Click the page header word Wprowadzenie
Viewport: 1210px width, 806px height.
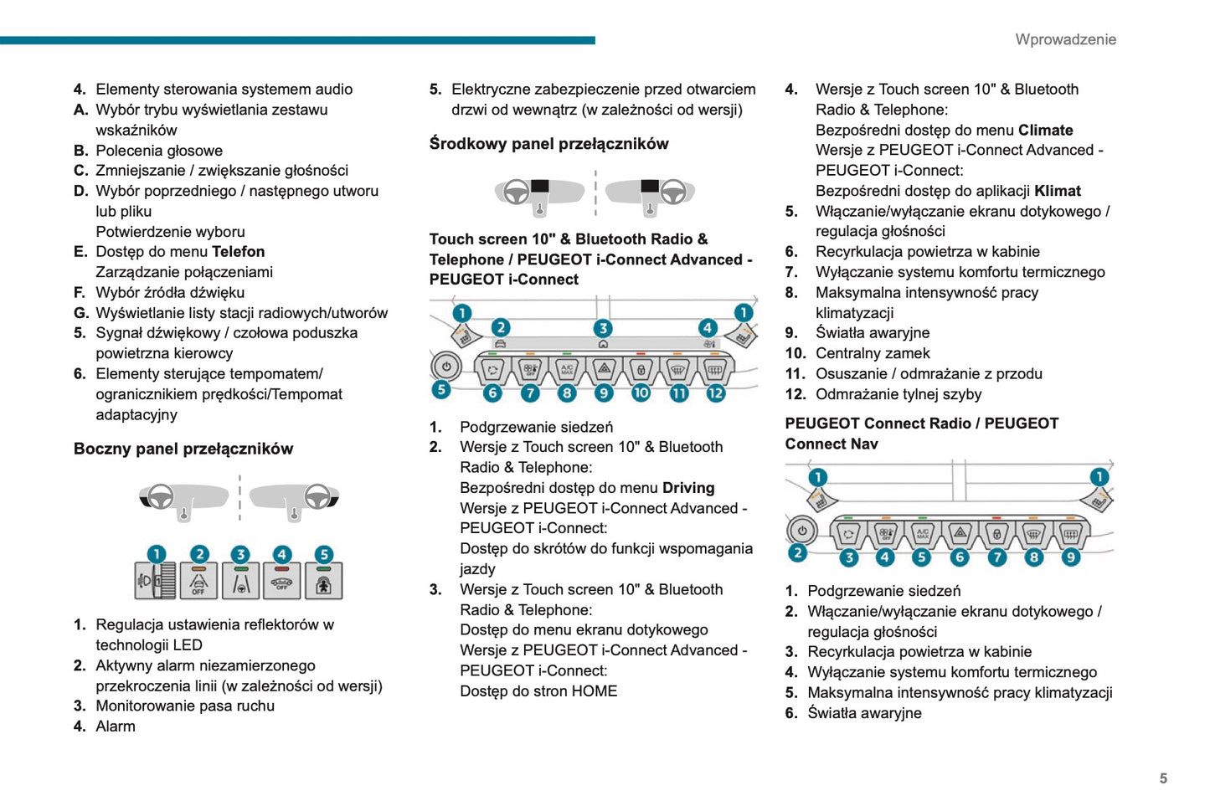pyautogui.click(x=1065, y=39)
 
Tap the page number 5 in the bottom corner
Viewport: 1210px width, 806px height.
pyautogui.click(x=1163, y=778)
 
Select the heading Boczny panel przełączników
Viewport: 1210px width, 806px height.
pyautogui.click(x=183, y=449)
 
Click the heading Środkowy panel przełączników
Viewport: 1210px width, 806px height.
pyautogui.click(x=548, y=144)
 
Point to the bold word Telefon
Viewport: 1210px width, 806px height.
pyautogui.click(x=239, y=252)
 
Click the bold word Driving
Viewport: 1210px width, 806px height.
pyautogui.click(x=688, y=488)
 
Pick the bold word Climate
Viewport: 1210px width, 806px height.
pyautogui.click(x=1045, y=131)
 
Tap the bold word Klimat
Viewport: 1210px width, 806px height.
pyautogui.click(x=1058, y=191)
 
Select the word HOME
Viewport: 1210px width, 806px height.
pyautogui.click(x=595, y=691)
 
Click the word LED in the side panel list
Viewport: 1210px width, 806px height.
pyautogui.click(x=187, y=645)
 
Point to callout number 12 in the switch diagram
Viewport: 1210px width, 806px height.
pyautogui.click(x=716, y=393)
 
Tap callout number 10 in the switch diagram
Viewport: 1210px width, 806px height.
pyautogui.click(x=641, y=393)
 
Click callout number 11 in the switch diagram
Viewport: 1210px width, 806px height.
pyautogui.click(x=678, y=393)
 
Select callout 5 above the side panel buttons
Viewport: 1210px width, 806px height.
pyautogui.click(x=323, y=554)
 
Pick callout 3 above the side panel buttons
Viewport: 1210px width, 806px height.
pyautogui.click(x=240, y=554)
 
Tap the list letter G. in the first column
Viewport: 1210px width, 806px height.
pyautogui.click(x=81, y=313)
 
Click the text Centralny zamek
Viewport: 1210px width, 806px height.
pyautogui.click(x=873, y=353)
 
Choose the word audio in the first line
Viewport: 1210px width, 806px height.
pyautogui.click(x=333, y=90)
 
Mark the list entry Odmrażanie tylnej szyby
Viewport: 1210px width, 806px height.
pyautogui.click(x=898, y=394)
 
